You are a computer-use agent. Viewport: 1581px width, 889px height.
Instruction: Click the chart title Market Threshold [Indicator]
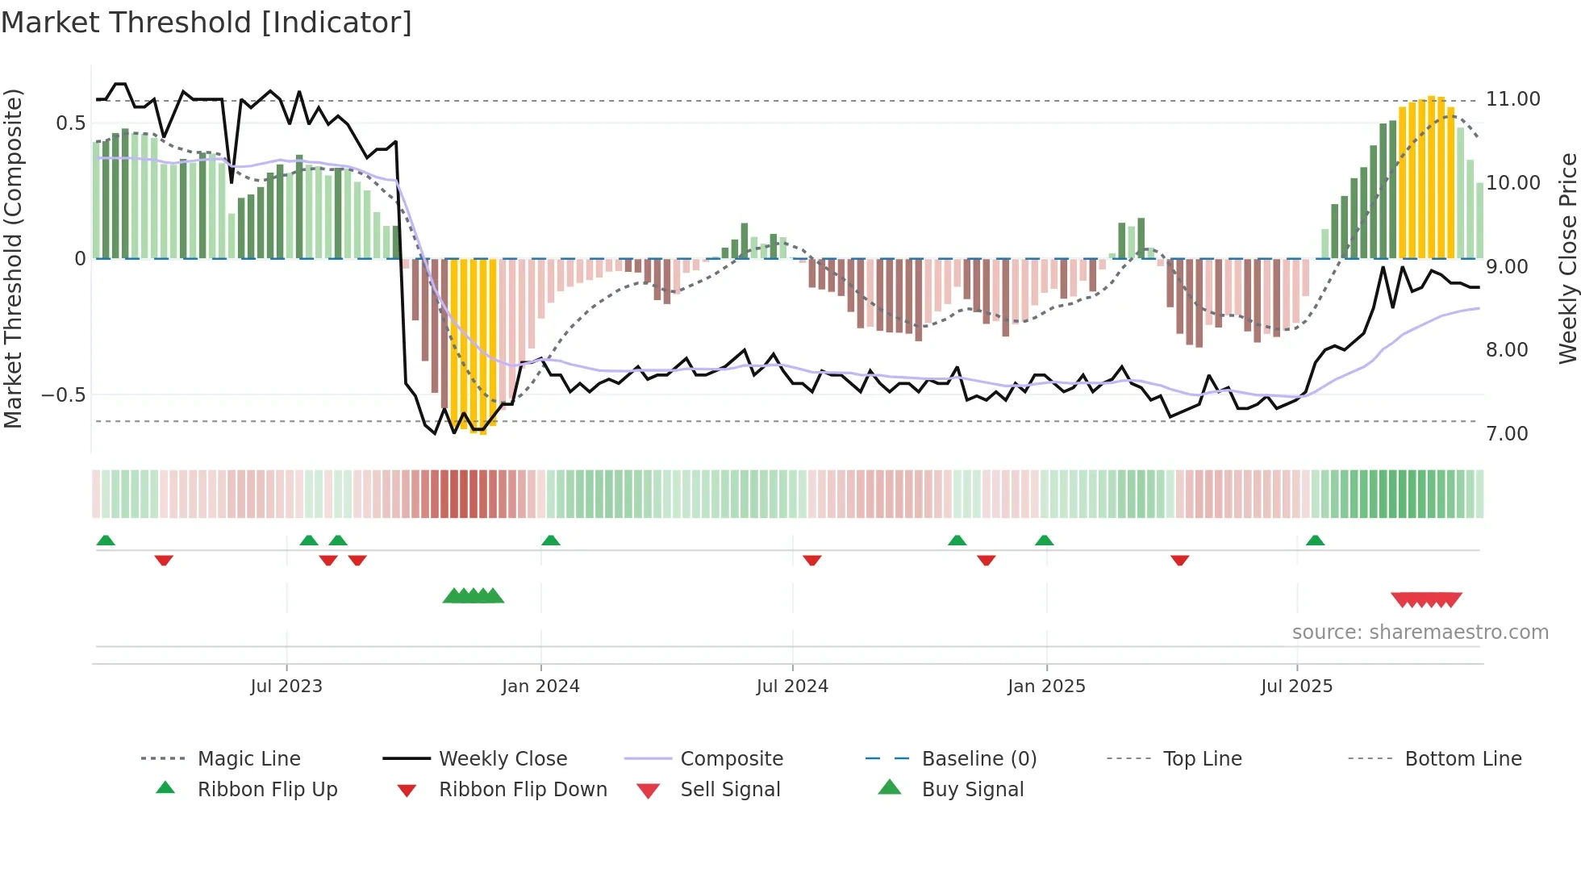tap(206, 23)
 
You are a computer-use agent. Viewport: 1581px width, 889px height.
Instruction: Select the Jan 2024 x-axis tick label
tap(540, 687)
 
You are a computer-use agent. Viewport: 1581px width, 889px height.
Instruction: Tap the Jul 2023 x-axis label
tap(286, 687)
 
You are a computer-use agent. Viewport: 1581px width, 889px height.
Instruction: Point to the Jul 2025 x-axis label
tap(1296, 687)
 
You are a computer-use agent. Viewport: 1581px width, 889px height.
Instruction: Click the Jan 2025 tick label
tap(1046, 687)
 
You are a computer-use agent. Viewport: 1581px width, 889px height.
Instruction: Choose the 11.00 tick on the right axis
tap(1513, 99)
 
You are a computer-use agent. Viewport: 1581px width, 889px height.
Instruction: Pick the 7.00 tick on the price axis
tap(1507, 434)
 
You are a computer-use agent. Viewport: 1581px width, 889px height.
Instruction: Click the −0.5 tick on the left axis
tap(64, 395)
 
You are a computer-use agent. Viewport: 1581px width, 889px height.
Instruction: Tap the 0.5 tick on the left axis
tap(71, 123)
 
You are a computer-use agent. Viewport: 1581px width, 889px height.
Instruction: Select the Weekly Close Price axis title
tap(1567, 258)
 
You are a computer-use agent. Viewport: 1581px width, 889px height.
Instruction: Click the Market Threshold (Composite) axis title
tap(13, 258)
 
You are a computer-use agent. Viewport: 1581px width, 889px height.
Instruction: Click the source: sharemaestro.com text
tap(1420, 632)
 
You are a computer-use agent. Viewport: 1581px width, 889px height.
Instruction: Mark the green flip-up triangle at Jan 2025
tap(1044, 540)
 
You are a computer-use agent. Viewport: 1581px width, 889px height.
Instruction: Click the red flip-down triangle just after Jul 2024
tap(812, 560)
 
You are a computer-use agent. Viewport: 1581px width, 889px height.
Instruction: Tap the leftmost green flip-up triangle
tap(106, 540)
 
